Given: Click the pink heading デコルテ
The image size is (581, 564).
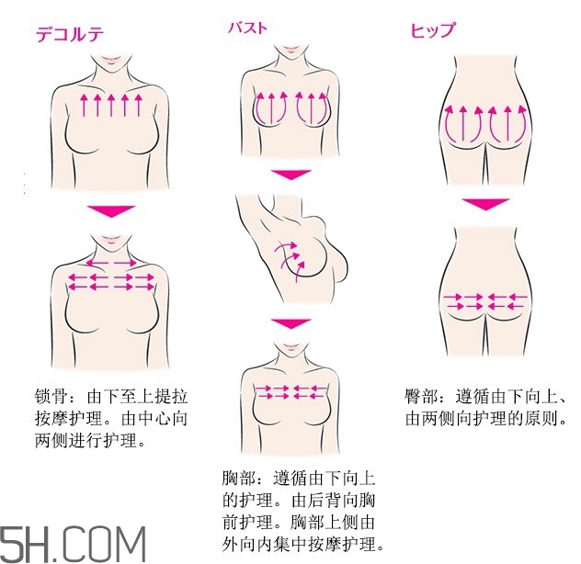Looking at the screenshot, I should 69,35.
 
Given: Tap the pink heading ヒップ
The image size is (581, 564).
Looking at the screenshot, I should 431,31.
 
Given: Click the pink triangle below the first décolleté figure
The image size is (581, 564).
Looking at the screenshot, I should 110,211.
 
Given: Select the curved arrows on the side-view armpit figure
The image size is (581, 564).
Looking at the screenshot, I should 290,255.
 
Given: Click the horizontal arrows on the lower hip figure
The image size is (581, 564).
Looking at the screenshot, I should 485,299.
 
